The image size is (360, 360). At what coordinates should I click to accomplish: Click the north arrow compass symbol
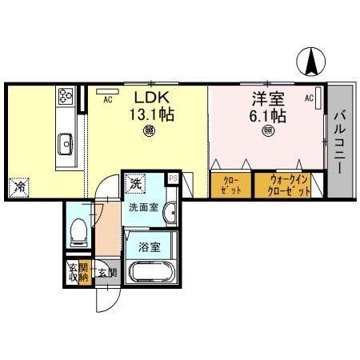(311, 60)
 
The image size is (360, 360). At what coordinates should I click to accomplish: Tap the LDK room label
(148, 98)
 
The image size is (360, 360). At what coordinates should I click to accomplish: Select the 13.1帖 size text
(150, 114)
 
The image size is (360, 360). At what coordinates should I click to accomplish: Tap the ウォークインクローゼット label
(284, 186)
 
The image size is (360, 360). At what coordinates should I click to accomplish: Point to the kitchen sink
(65, 143)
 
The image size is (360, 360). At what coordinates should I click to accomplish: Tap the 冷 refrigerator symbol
(19, 187)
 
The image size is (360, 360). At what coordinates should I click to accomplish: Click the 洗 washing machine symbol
(135, 182)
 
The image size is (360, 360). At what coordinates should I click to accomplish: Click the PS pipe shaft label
(173, 178)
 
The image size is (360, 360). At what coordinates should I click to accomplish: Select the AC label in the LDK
(107, 99)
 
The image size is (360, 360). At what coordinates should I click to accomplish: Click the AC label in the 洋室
(309, 98)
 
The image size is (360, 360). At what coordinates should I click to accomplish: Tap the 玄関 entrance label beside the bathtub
(106, 272)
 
